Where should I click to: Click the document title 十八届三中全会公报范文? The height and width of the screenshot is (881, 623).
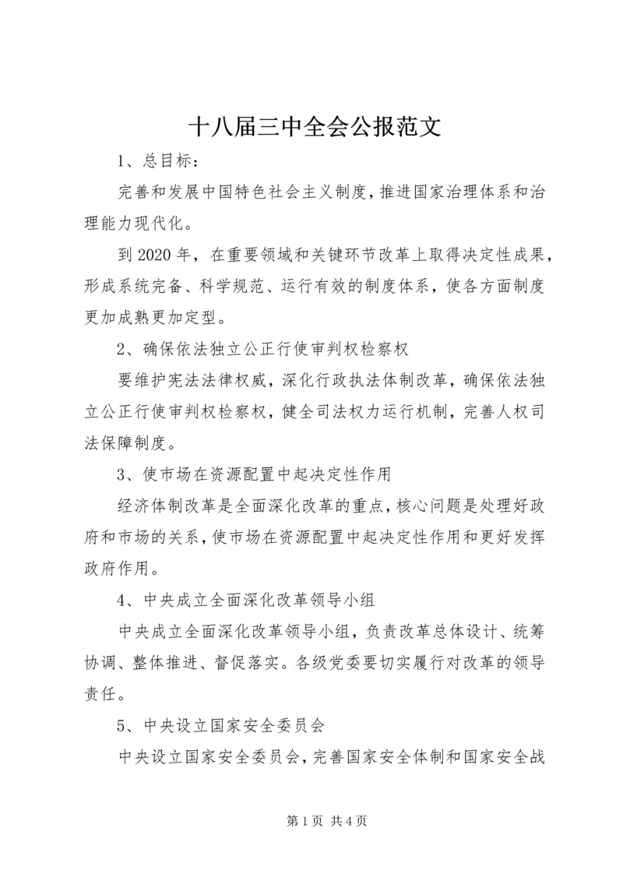(315, 127)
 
